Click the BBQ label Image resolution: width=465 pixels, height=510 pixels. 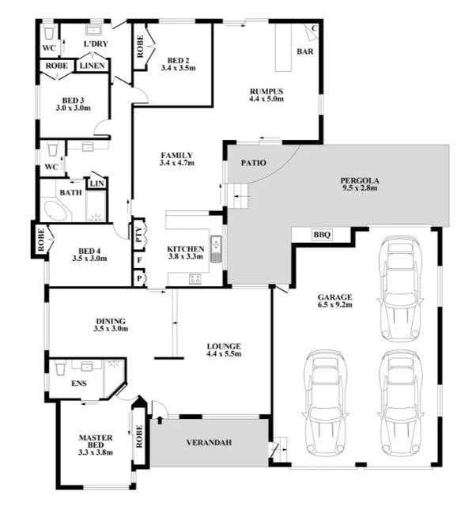click(322, 234)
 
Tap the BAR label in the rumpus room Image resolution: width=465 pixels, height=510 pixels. click(305, 51)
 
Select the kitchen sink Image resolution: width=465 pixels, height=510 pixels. click(215, 249)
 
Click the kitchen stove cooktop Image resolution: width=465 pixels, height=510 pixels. click(195, 279)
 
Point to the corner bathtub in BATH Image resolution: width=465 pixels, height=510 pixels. click(57, 210)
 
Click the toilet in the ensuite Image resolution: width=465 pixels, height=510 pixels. click(60, 367)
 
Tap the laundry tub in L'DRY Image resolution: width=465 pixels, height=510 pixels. click(94, 29)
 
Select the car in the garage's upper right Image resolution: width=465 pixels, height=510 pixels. click(400, 289)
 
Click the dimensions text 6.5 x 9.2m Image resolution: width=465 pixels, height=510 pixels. click(335, 304)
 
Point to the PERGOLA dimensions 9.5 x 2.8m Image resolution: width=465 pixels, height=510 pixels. click(359, 188)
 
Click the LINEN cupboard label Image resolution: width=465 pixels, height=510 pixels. click(93, 66)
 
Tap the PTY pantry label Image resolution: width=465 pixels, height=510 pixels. click(138, 234)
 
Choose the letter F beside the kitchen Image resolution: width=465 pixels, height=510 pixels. click(139, 260)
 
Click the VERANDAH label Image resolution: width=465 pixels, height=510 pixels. click(209, 442)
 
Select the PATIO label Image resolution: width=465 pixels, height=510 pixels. click(253, 163)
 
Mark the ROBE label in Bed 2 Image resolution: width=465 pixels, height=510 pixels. click(140, 47)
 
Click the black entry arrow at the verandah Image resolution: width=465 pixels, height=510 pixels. click(160, 420)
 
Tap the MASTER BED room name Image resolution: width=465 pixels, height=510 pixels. click(96, 441)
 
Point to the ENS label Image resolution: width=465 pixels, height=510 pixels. click(79, 383)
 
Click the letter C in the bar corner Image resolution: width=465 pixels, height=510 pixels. click(314, 28)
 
